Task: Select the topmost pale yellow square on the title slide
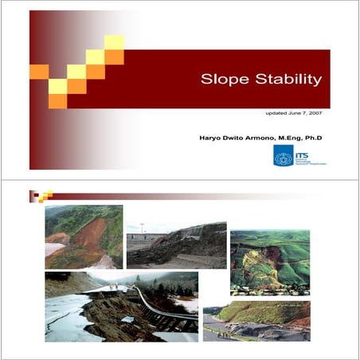click(114, 41)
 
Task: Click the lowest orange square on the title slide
click(57, 101)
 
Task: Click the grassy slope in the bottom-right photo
click(263, 312)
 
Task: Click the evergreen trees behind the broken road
click(171, 283)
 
